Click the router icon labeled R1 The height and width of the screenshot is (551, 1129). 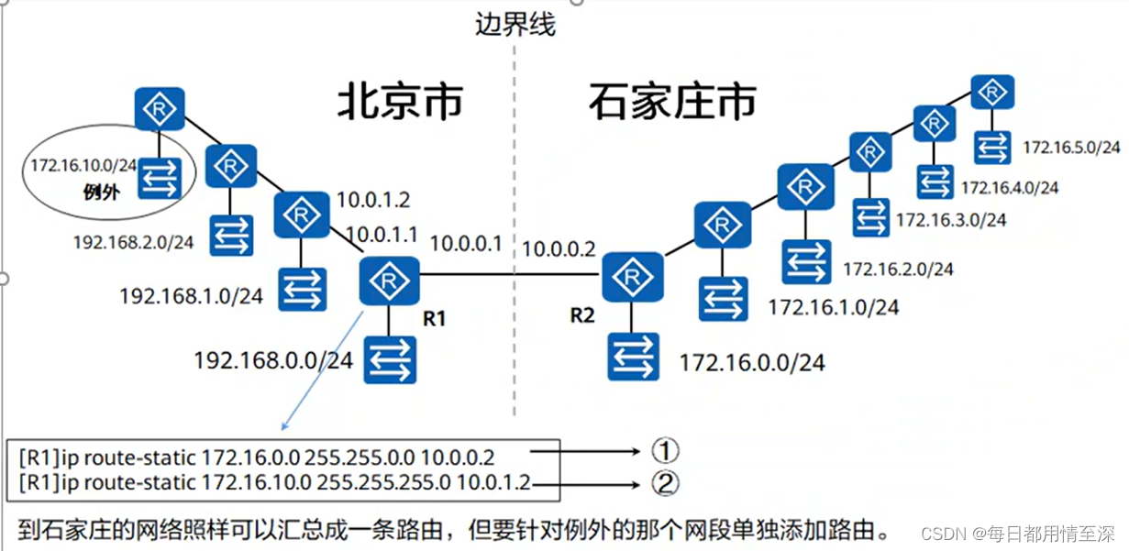390,281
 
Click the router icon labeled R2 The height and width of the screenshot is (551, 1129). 631,276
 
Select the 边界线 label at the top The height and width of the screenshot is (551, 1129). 515,24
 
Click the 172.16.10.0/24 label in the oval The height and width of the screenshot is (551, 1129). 83,166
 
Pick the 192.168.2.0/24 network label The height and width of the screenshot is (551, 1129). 134,242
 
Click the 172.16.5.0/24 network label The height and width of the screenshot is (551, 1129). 1071,147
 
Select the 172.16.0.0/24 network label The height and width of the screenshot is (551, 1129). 751,363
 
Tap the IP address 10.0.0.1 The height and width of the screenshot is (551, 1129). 466,244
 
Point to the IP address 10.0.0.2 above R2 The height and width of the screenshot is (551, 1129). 559,248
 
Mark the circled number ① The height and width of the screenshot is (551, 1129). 664,450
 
